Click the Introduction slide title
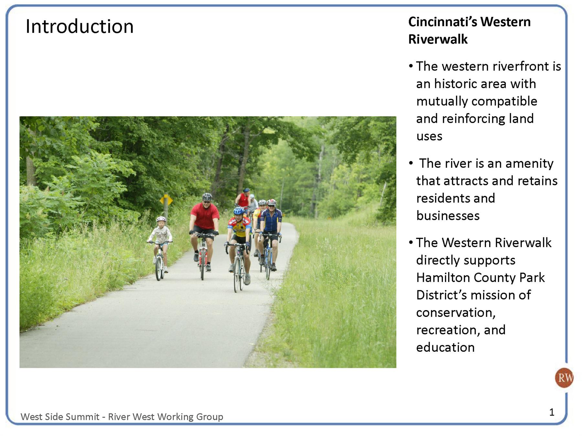point(80,26)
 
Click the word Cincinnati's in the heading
point(443,22)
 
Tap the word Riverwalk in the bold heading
point(438,39)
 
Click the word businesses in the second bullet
point(448,216)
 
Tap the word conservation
point(456,313)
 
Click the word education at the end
point(445,348)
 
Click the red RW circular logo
point(564,378)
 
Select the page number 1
point(552,412)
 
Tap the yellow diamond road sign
point(166,201)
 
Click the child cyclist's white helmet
point(161,220)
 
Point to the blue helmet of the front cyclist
point(239,211)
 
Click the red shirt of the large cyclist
point(205,216)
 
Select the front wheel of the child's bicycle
point(158,268)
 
